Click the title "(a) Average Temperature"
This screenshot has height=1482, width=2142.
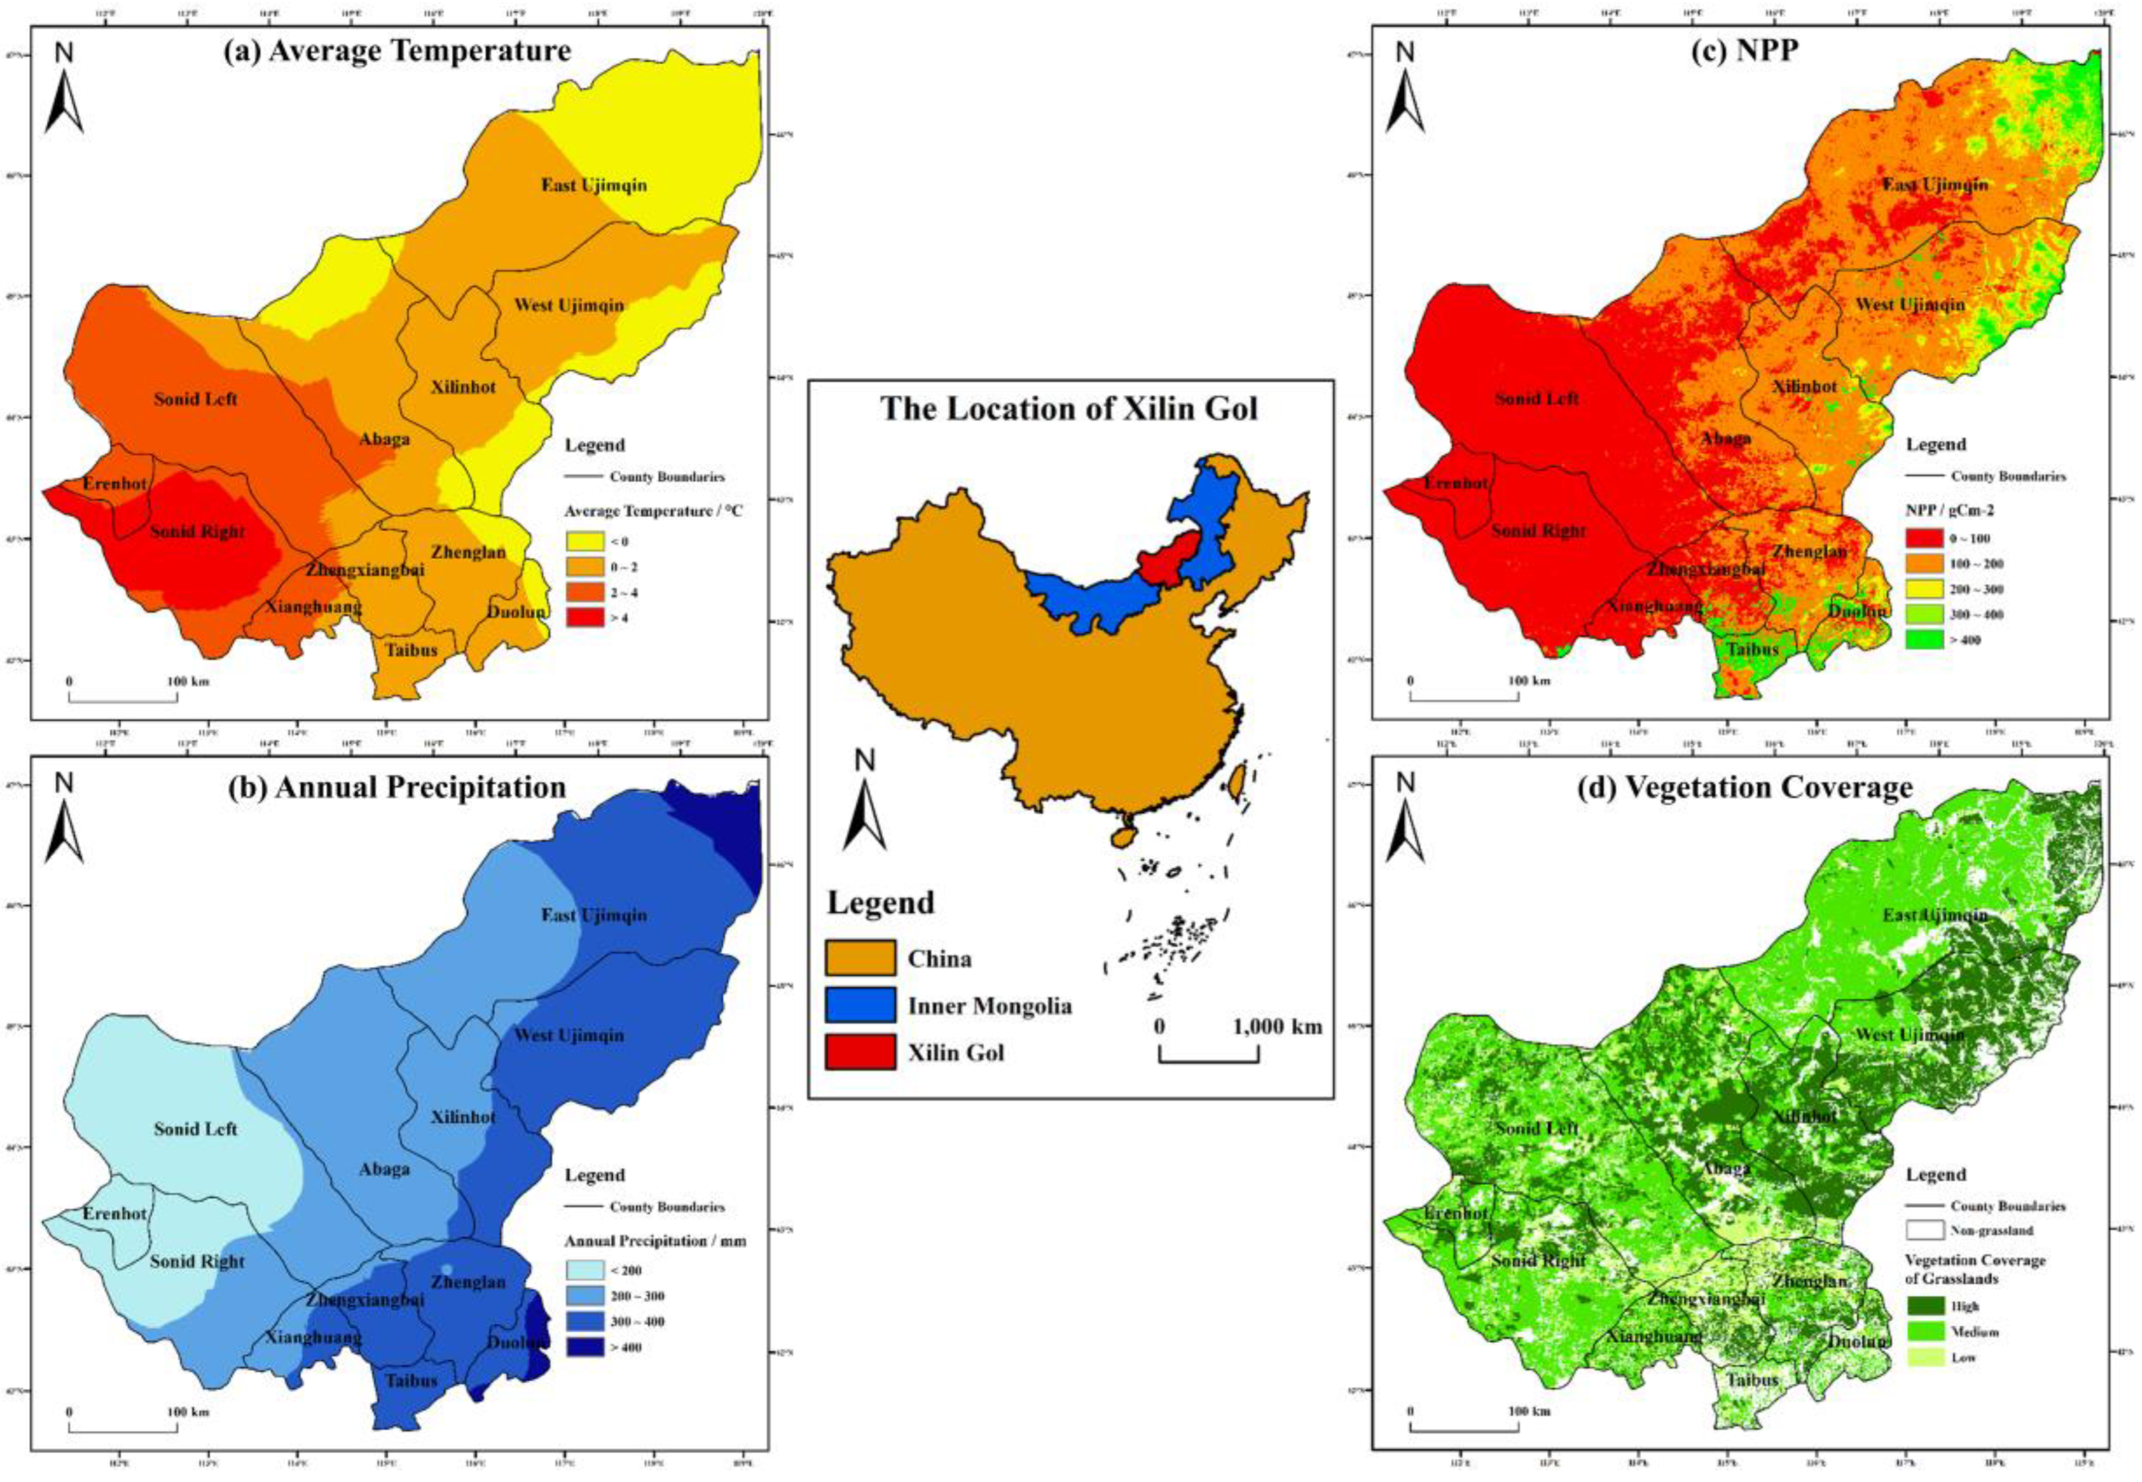click(x=397, y=51)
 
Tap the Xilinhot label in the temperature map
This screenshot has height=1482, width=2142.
click(x=462, y=387)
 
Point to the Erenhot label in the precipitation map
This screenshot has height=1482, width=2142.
click(x=114, y=1214)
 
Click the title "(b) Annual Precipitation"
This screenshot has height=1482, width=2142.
click(x=397, y=787)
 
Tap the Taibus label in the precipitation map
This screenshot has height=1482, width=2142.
click(x=411, y=1381)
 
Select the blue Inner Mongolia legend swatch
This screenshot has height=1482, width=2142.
click(x=860, y=1006)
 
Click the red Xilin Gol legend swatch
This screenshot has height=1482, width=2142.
click(x=860, y=1053)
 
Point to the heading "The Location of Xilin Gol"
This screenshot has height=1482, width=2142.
click(x=1070, y=409)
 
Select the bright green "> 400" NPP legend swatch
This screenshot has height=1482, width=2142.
click(x=1924, y=640)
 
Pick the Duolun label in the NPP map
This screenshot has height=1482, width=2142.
click(x=1857, y=611)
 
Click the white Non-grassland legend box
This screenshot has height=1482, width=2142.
click(x=1924, y=1230)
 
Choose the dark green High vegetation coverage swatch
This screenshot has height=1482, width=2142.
click(x=1924, y=1305)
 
